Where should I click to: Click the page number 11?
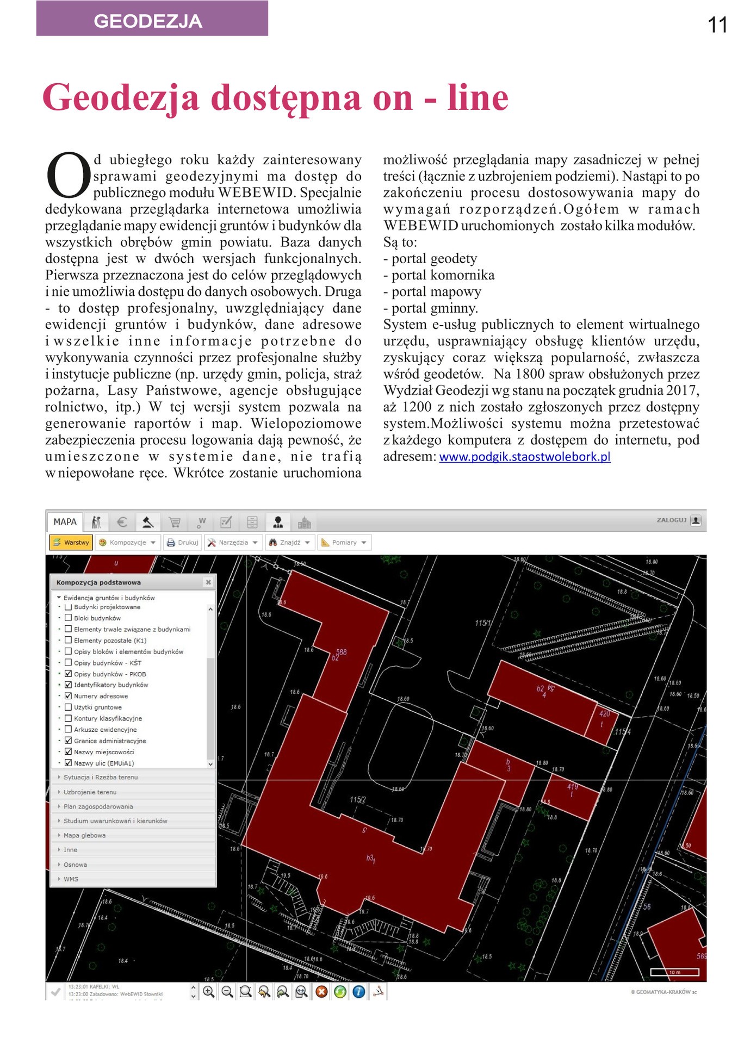717,25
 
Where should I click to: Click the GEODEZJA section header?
148,21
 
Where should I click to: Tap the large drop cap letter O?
69,175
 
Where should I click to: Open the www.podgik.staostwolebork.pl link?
524,457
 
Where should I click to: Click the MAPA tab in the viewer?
65,522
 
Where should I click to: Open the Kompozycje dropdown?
128,543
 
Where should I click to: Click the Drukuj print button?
182,543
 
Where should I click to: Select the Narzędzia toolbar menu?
233,543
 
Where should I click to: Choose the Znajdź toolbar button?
289,543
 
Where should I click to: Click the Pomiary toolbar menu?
344,543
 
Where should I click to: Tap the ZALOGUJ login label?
672,520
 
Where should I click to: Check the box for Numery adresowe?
69,696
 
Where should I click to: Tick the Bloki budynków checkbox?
69,618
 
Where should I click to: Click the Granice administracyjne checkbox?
69,741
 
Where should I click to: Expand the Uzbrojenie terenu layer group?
90,792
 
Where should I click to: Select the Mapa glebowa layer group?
84,836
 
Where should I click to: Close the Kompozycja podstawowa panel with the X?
208,582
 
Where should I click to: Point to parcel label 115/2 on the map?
358,800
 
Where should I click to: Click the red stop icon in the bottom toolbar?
321,992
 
